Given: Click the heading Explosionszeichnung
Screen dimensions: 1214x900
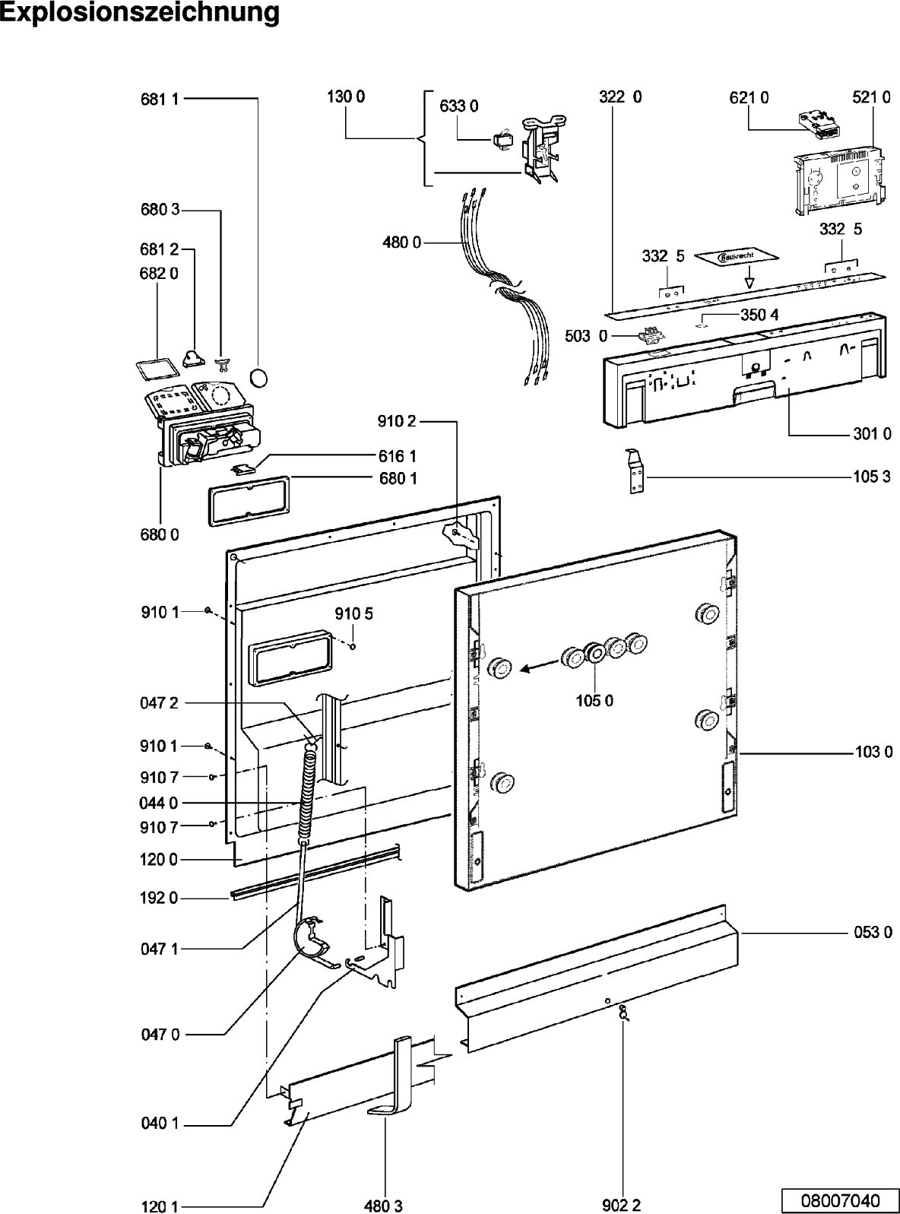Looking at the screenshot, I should (140, 14).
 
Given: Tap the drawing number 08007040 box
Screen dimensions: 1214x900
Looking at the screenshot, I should (839, 1200).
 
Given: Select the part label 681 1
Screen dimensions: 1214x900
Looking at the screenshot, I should (159, 99).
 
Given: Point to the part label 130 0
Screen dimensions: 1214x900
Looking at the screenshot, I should (346, 97).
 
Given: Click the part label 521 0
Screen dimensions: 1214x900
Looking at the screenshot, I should (871, 97).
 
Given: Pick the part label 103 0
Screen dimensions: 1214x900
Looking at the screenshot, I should (873, 753).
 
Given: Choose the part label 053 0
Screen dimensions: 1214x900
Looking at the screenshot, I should (873, 932).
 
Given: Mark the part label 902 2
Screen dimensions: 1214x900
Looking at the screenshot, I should (621, 1206).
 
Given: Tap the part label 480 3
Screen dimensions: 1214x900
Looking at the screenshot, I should (384, 1206).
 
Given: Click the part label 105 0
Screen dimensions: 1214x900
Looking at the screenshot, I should (594, 700).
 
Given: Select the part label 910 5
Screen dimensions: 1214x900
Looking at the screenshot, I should (354, 614).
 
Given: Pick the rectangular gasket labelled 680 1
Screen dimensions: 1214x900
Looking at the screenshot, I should (249, 499).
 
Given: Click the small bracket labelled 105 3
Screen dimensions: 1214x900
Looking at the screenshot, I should (635, 473).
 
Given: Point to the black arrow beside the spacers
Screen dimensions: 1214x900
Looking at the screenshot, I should (537, 667).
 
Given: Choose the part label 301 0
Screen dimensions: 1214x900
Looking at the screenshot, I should (872, 434).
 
